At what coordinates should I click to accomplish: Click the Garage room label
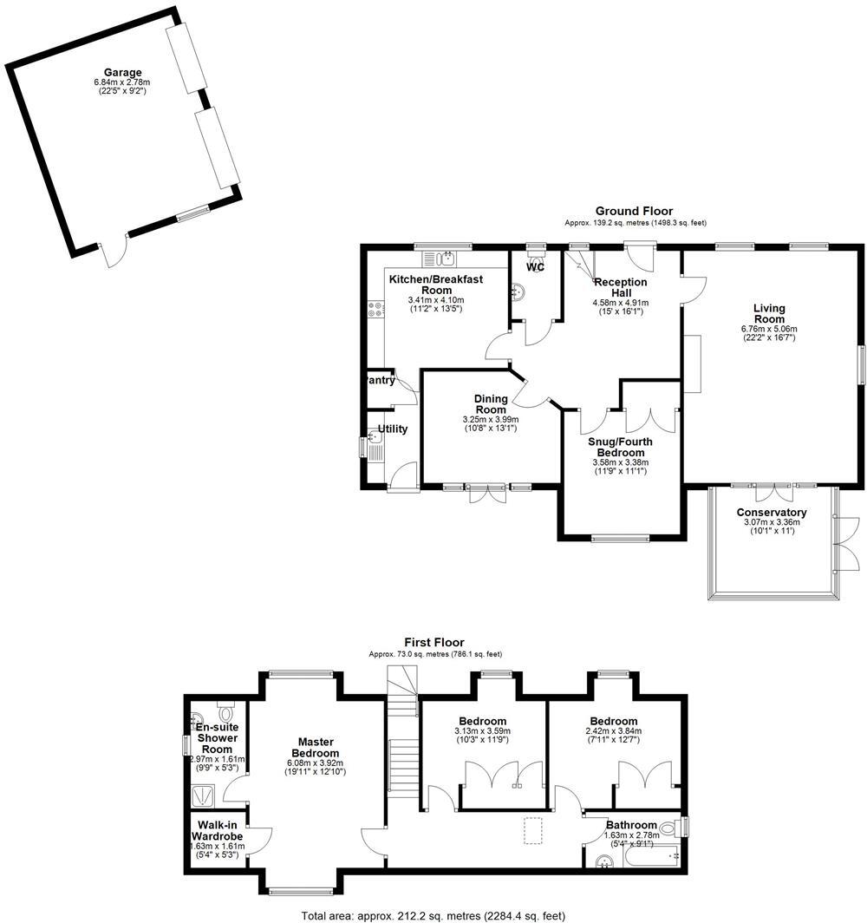(x=123, y=73)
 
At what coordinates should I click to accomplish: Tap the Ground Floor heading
(x=633, y=211)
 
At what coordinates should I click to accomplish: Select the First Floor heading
(x=434, y=643)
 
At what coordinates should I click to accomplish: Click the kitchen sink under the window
(x=447, y=258)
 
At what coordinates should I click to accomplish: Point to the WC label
(x=536, y=268)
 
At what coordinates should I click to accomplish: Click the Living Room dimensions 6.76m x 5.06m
(x=768, y=329)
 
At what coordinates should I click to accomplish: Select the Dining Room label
(x=490, y=404)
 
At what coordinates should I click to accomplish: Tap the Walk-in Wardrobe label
(x=218, y=830)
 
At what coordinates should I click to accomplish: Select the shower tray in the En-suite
(x=206, y=795)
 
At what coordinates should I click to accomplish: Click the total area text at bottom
(x=433, y=915)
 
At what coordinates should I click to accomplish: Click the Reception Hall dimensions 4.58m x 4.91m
(x=619, y=303)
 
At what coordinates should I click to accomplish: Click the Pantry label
(x=382, y=380)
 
